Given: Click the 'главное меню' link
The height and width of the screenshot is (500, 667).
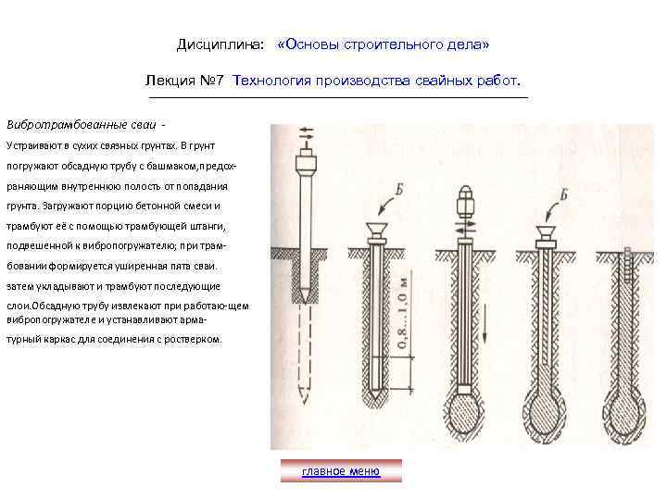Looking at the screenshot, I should (x=341, y=471).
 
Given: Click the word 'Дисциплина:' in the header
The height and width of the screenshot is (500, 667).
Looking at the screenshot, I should (x=220, y=44).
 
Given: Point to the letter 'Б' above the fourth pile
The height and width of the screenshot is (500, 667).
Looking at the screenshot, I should (x=563, y=195).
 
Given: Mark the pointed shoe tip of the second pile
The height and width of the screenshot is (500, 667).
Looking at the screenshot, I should (x=377, y=394).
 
